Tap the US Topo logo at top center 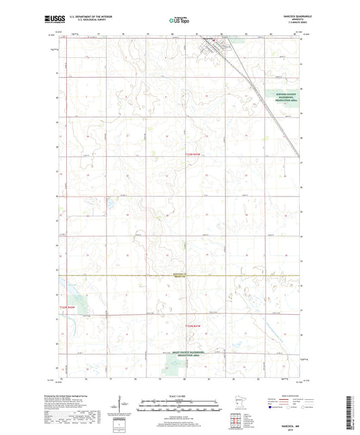pos(180,21)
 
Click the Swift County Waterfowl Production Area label pos(180,355)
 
